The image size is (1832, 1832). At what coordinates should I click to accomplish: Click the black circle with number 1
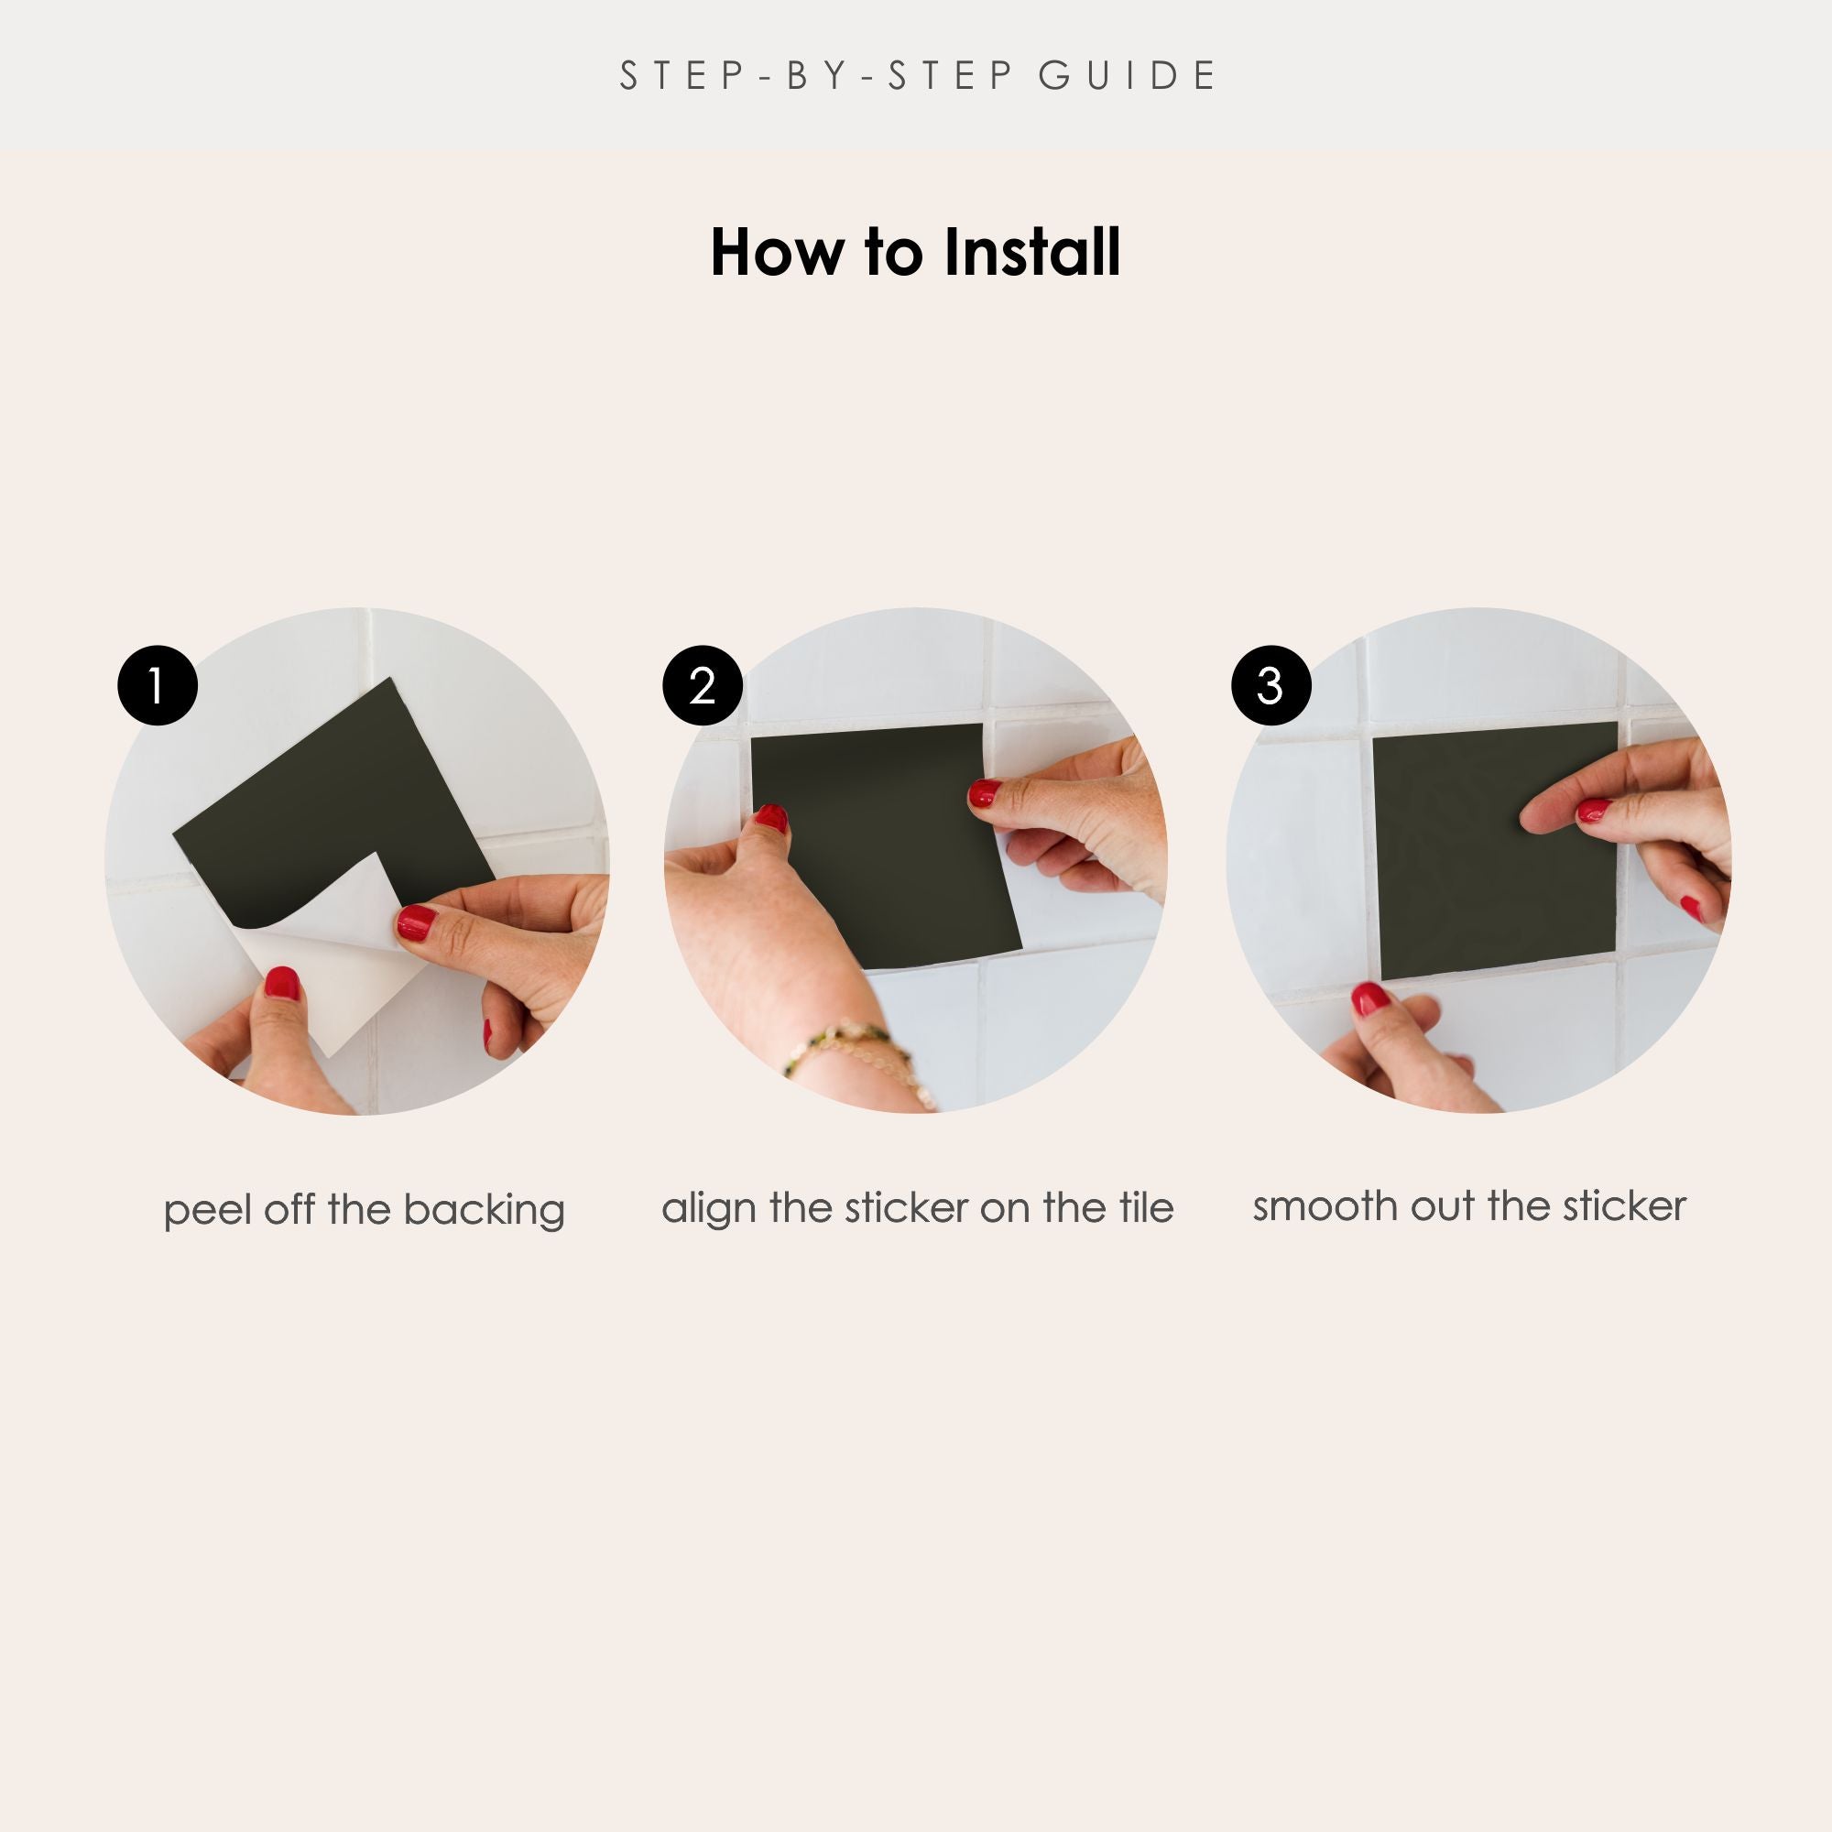tap(158, 685)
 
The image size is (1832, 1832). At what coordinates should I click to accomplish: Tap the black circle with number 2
tap(702, 685)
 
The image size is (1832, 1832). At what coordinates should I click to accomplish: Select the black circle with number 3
tap(1270, 685)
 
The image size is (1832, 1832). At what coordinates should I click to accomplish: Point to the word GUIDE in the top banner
tap(1128, 76)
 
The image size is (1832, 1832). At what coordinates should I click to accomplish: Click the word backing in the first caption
tap(484, 1212)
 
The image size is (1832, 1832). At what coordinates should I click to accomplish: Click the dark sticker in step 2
tap(882, 844)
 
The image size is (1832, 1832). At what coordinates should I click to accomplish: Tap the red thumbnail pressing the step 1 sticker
tap(416, 921)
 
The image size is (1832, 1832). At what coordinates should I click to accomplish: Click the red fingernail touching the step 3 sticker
tap(1593, 810)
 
